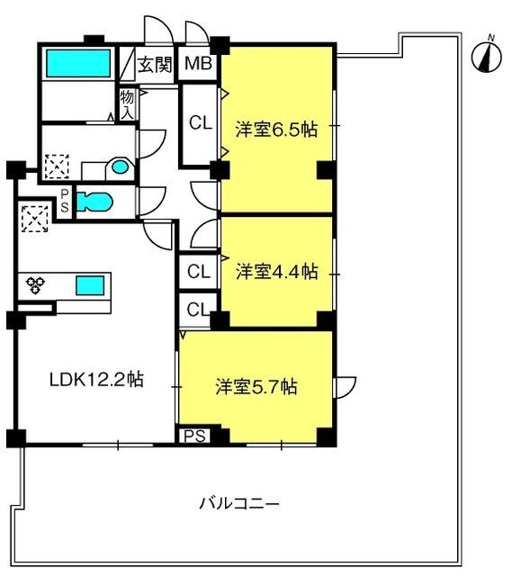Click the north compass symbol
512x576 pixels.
pos(486,56)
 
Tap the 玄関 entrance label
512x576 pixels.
pos(155,64)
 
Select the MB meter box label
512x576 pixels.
pos(198,63)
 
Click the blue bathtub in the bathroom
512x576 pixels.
pos(78,63)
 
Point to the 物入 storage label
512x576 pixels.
pos(127,105)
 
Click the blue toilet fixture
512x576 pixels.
pos(94,202)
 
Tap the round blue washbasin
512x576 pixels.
pos(120,167)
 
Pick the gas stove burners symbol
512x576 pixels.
pos(35,285)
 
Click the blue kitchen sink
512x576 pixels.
pos(90,285)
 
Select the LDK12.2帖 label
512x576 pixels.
pos(96,380)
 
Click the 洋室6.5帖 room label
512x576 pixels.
pos(276,130)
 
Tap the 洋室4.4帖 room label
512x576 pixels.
pos(276,272)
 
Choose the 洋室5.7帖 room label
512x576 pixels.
pos(256,387)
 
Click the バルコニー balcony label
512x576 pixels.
pos(239,503)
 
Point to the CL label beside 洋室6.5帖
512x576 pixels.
pos(201,123)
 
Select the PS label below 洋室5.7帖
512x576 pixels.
pos(194,436)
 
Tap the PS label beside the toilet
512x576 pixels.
pos(65,201)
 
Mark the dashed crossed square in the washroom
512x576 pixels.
pos(57,166)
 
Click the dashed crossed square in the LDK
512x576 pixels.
pos(35,219)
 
